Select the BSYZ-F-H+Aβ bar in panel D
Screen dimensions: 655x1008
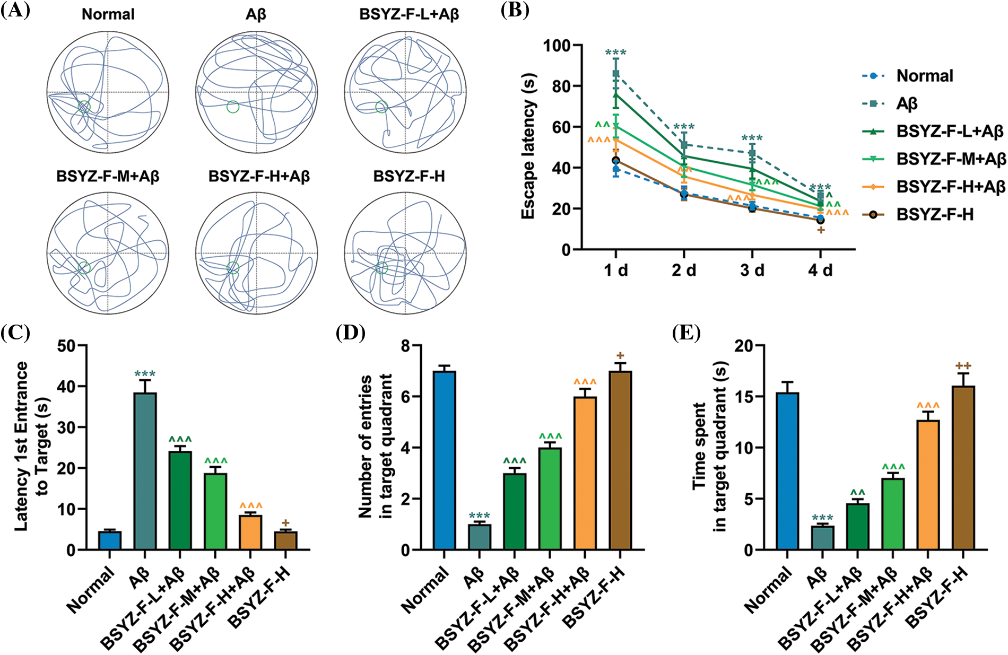(x=585, y=473)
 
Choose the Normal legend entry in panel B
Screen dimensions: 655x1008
(x=924, y=76)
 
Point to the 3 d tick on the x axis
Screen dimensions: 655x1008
(x=752, y=270)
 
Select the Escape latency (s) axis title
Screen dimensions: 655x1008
(x=528, y=146)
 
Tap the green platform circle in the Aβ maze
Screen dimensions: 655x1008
(x=233, y=107)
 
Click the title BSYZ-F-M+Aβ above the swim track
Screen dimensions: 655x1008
(x=108, y=176)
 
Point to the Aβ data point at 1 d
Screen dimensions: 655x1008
(x=616, y=73)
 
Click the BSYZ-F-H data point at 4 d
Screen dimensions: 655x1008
(x=820, y=220)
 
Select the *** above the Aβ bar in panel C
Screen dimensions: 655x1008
(x=145, y=374)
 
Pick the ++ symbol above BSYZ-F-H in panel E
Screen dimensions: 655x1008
(x=963, y=366)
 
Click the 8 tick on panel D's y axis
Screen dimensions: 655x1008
(x=407, y=346)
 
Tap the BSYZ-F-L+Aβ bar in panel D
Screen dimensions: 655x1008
(x=514, y=511)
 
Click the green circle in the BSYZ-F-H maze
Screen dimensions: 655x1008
(x=381, y=268)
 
